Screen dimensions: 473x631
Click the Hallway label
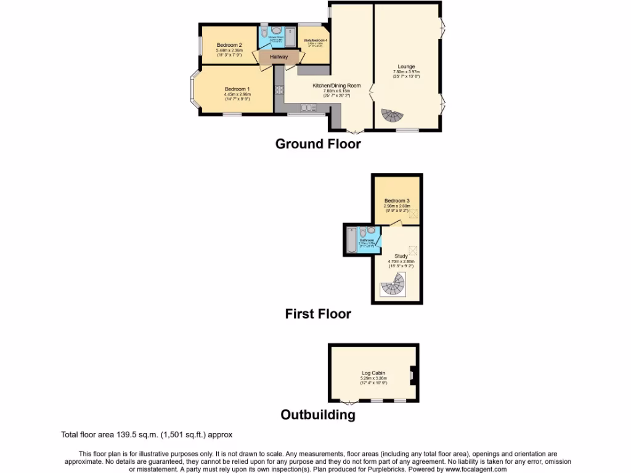[x=279, y=57]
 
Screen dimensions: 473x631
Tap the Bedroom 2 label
[x=229, y=45]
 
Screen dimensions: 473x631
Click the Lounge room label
[x=406, y=67]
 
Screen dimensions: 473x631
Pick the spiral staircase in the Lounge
[x=390, y=116]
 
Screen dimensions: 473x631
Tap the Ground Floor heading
[x=317, y=144]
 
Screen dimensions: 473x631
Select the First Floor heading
[x=317, y=314]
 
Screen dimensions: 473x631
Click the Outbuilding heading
[x=317, y=414]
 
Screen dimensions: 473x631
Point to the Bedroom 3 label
[x=397, y=201]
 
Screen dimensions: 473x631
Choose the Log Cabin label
[x=373, y=373]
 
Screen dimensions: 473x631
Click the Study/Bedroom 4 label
[x=315, y=41]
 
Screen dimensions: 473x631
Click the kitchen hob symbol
[x=279, y=90]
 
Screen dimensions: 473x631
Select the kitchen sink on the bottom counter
[x=306, y=108]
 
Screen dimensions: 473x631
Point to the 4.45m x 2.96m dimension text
[x=237, y=94]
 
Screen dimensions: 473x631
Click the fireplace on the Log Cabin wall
[x=412, y=374]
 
